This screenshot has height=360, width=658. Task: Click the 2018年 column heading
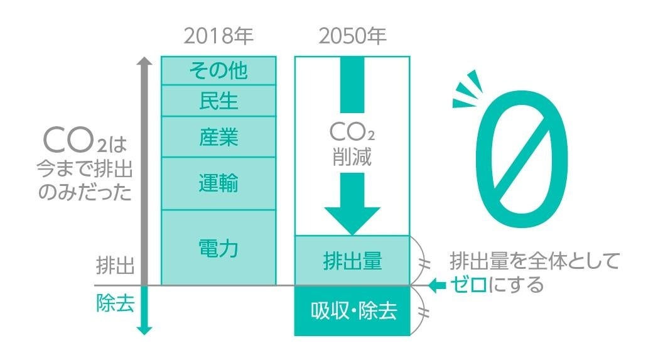click(218, 36)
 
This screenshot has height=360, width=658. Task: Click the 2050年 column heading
click(352, 36)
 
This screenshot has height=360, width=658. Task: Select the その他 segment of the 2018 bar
click(218, 70)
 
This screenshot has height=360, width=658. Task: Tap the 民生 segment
click(218, 101)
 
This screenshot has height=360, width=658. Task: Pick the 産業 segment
click(218, 136)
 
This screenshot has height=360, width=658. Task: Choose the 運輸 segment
click(218, 183)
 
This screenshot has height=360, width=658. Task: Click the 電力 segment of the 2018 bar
click(218, 248)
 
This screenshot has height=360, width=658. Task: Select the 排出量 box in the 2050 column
click(352, 260)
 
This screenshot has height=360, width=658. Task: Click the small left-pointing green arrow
click(436, 285)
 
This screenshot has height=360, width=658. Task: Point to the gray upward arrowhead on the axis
click(144, 62)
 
